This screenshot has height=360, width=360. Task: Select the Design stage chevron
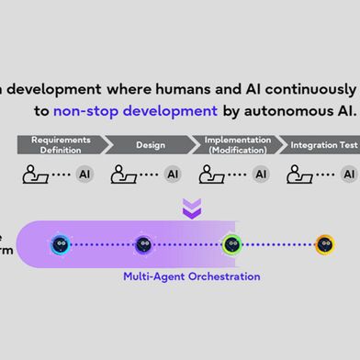(149, 144)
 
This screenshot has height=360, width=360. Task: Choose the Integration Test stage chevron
(321, 144)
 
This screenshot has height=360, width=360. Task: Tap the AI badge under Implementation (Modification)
(261, 174)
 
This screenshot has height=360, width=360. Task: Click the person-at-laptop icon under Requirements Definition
(36, 173)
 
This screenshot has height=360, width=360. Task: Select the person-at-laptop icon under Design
(124, 173)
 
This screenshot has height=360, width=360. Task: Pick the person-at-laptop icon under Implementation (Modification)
(212, 173)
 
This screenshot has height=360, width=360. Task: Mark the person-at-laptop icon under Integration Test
(299, 173)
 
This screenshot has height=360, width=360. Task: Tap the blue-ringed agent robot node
(61, 244)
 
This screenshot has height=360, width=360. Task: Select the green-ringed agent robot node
(231, 244)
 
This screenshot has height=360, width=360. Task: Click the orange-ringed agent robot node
(324, 244)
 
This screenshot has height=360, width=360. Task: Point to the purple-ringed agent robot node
(143, 244)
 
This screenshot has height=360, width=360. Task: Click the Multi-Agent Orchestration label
(192, 276)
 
